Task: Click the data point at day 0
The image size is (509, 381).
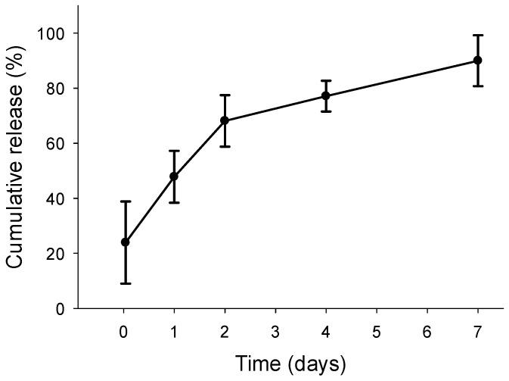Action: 125,242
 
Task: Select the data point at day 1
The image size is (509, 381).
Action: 174,176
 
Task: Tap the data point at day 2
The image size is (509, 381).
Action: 225,120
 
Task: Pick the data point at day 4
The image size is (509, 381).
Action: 326,95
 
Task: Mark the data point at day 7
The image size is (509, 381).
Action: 477,60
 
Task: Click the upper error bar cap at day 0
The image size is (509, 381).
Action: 125,201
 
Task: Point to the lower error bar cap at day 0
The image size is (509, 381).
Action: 125,283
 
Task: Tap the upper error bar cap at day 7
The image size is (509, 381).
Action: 477,35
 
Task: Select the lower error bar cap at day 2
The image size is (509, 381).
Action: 225,146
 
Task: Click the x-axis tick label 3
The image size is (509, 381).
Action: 275,331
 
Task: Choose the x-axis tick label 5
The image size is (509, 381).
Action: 377,331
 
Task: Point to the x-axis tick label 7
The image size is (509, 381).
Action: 477,331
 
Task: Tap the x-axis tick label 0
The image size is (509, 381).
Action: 124,331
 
